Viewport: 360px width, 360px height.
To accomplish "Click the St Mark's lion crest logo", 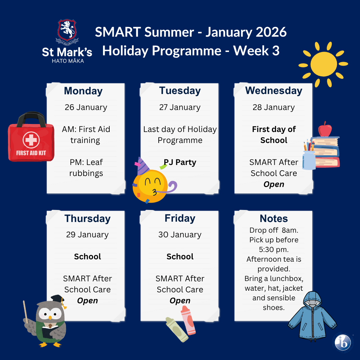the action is tap(67, 31).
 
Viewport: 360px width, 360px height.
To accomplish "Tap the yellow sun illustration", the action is tap(323, 64).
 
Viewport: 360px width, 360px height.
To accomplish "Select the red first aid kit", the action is tap(31, 137).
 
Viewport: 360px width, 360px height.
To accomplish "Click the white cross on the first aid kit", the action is tap(31, 140).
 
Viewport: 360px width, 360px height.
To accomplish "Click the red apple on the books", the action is tap(325, 129).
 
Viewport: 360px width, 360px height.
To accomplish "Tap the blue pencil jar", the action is tap(309, 160).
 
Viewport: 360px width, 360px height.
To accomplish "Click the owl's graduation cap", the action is tap(58, 300).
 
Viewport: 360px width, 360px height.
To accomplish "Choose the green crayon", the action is tap(177, 329).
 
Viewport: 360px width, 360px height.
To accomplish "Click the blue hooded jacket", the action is tap(312, 315).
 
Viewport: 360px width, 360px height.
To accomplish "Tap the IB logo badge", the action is tap(343, 342).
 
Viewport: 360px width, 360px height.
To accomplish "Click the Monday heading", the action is tap(83, 91).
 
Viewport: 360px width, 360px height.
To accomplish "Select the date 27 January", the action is tap(180, 107).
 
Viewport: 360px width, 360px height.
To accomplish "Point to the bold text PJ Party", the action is tap(180, 162).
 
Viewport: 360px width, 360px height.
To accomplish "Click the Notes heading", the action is tap(274, 218).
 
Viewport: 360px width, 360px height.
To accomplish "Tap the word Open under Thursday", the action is tap(87, 301).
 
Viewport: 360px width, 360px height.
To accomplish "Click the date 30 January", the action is tap(180, 234).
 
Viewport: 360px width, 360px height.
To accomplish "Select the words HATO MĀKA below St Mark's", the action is tap(68, 61).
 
